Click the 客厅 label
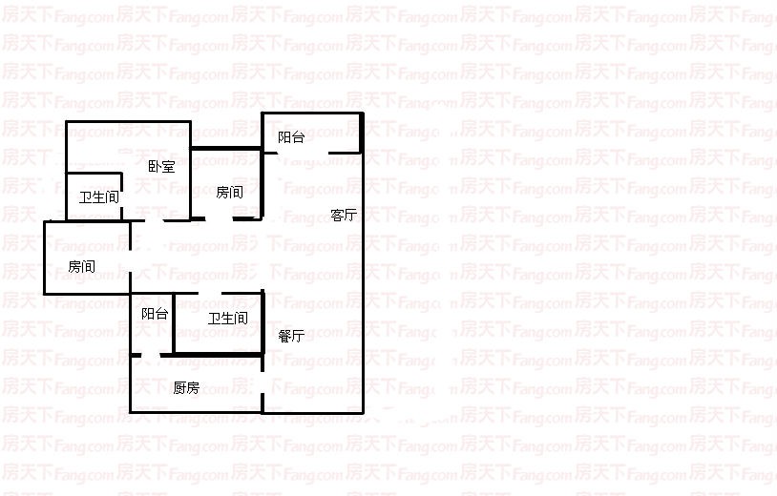(x=344, y=216)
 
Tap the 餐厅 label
(x=291, y=336)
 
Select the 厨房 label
(x=186, y=388)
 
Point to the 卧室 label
(x=161, y=167)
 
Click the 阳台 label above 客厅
(x=291, y=137)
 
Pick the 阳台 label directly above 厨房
(x=155, y=314)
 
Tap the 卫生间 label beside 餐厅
(x=228, y=318)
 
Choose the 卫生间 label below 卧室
(x=98, y=197)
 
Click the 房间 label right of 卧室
(x=229, y=192)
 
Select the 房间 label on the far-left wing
(x=82, y=266)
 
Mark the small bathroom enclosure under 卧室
(x=94, y=197)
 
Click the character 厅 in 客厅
(x=350, y=216)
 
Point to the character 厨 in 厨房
(x=179, y=388)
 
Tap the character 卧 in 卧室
(x=155, y=167)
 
